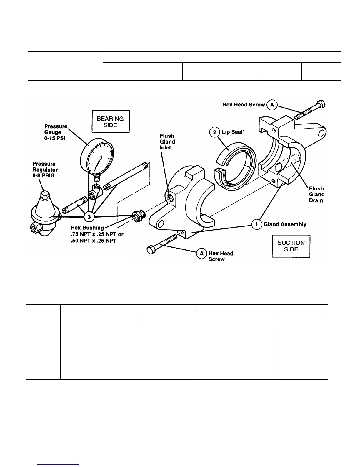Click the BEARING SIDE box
(111, 122)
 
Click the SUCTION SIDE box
(291, 246)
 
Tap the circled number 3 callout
(89, 217)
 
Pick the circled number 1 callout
(256, 224)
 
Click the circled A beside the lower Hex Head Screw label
(201, 254)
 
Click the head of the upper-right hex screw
(320, 105)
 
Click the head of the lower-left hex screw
(151, 249)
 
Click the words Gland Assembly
(285, 224)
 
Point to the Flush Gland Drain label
(316, 195)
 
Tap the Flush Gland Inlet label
(167, 142)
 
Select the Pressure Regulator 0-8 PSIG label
(45, 170)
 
